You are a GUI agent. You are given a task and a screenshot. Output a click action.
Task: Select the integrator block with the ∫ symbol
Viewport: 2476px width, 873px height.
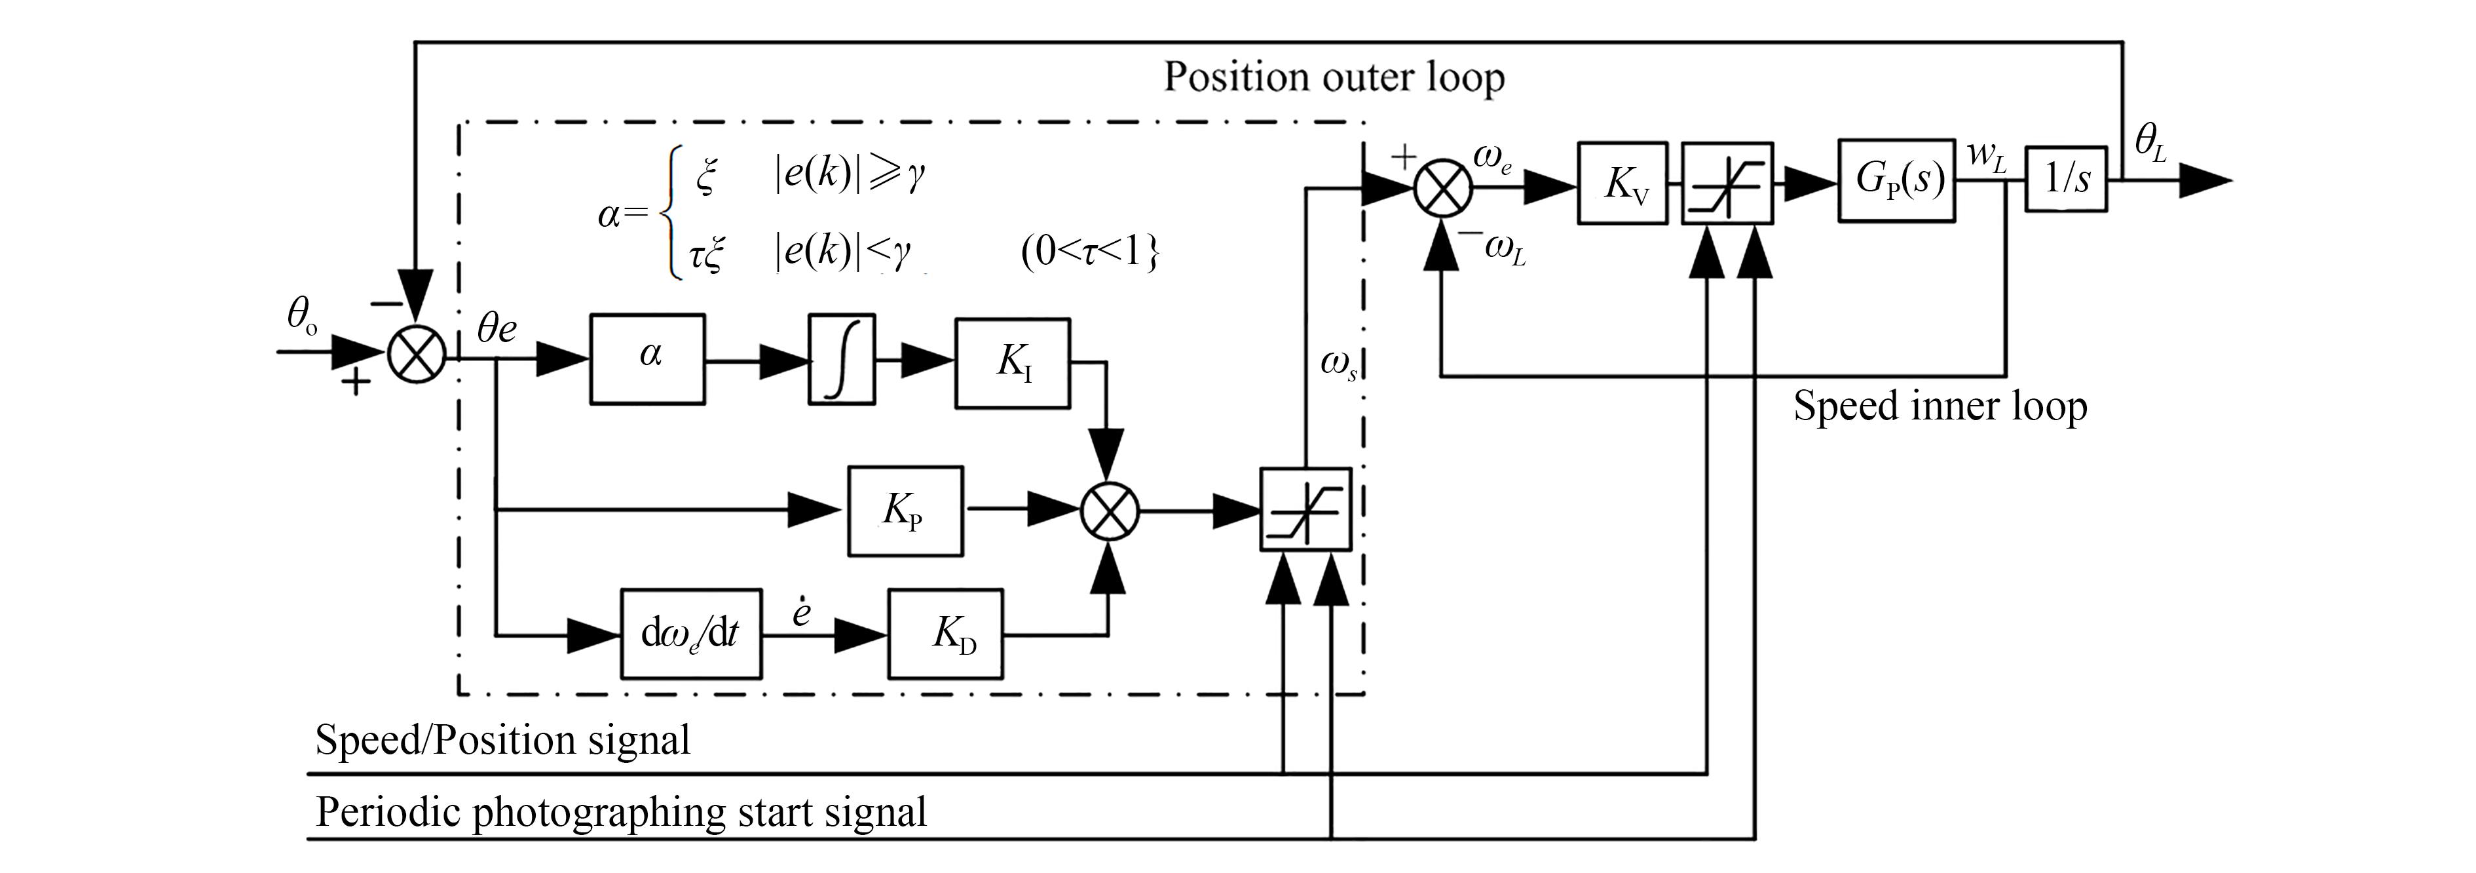[x=842, y=358]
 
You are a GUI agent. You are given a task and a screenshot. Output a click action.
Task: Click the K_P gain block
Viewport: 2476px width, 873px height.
[x=905, y=511]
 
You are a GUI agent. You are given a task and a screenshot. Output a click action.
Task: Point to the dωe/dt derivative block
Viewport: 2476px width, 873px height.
[x=691, y=634]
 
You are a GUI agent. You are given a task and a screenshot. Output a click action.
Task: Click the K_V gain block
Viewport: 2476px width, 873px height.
[x=1623, y=183]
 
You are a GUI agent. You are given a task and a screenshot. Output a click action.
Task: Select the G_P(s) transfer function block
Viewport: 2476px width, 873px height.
[x=1896, y=181]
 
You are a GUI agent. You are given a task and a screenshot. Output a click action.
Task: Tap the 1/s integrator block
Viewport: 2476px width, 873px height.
[x=2065, y=179]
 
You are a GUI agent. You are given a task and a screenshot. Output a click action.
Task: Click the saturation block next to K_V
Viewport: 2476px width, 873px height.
[x=1727, y=183]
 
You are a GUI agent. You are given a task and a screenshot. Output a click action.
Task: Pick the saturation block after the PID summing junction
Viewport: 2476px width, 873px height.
[x=1305, y=509]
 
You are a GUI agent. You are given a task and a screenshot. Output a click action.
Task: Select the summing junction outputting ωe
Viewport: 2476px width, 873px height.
[x=1442, y=187]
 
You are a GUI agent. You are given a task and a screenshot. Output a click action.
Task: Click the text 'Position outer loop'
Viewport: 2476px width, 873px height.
[x=1334, y=77]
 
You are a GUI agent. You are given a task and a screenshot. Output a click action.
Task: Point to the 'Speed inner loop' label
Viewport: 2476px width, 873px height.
[x=1940, y=406]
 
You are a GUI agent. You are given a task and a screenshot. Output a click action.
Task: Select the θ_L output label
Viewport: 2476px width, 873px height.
[x=2150, y=144]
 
